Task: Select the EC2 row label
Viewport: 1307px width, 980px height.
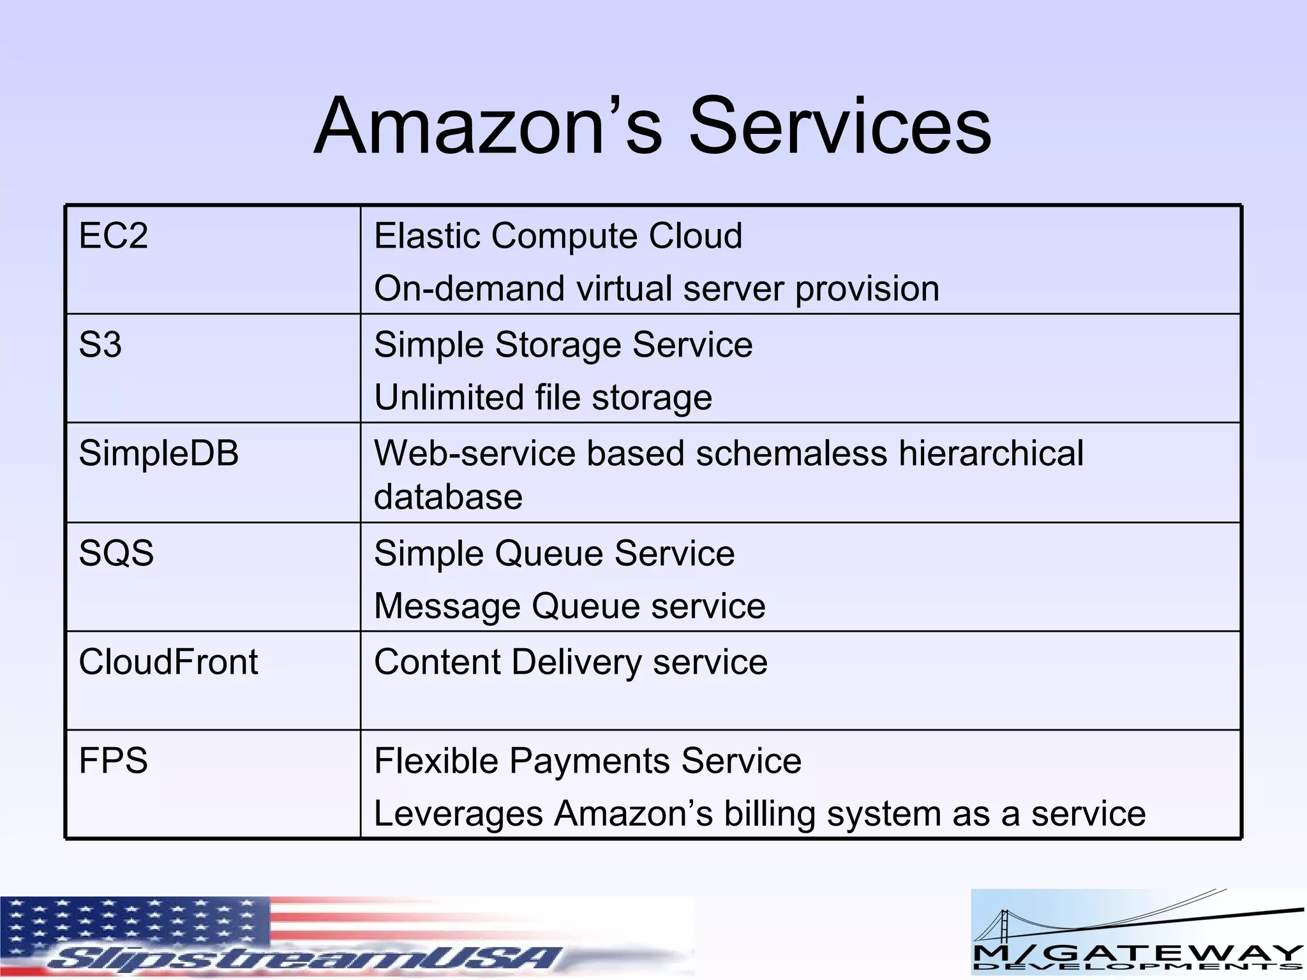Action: pyautogui.click(x=114, y=235)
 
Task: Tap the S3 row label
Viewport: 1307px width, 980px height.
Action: pyautogui.click(x=100, y=345)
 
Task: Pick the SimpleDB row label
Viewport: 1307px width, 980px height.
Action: pyautogui.click(x=159, y=453)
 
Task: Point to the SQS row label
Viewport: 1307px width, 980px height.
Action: pyautogui.click(x=116, y=553)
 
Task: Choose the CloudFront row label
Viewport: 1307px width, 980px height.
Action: pyautogui.click(x=168, y=662)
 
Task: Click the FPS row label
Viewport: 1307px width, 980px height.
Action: pyautogui.click(x=114, y=761)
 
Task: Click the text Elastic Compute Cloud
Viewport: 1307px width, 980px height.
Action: pyautogui.click(x=558, y=235)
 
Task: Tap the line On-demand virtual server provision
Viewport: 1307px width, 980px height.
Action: pyautogui.click(x=657, y=288)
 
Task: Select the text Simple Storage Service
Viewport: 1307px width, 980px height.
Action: pyautogui.click(x=564, y=345)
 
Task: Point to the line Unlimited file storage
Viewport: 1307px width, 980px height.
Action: pyautogui.click(x=543, y=397)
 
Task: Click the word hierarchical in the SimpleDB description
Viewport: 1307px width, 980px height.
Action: pyautogui.click(x=991, y=453)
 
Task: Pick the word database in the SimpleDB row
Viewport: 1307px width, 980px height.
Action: pyautogui.click(x=448, y=497)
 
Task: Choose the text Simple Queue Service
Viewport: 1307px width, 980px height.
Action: pyautogui.click(x=555, y=553)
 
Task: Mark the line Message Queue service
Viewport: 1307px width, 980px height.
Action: pyautogui.click(x=570, y=605)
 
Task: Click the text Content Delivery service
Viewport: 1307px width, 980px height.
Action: pyautogui.click(x=571, y=662)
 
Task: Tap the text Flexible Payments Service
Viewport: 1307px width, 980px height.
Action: pyautogui.click(x=588, y=761)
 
